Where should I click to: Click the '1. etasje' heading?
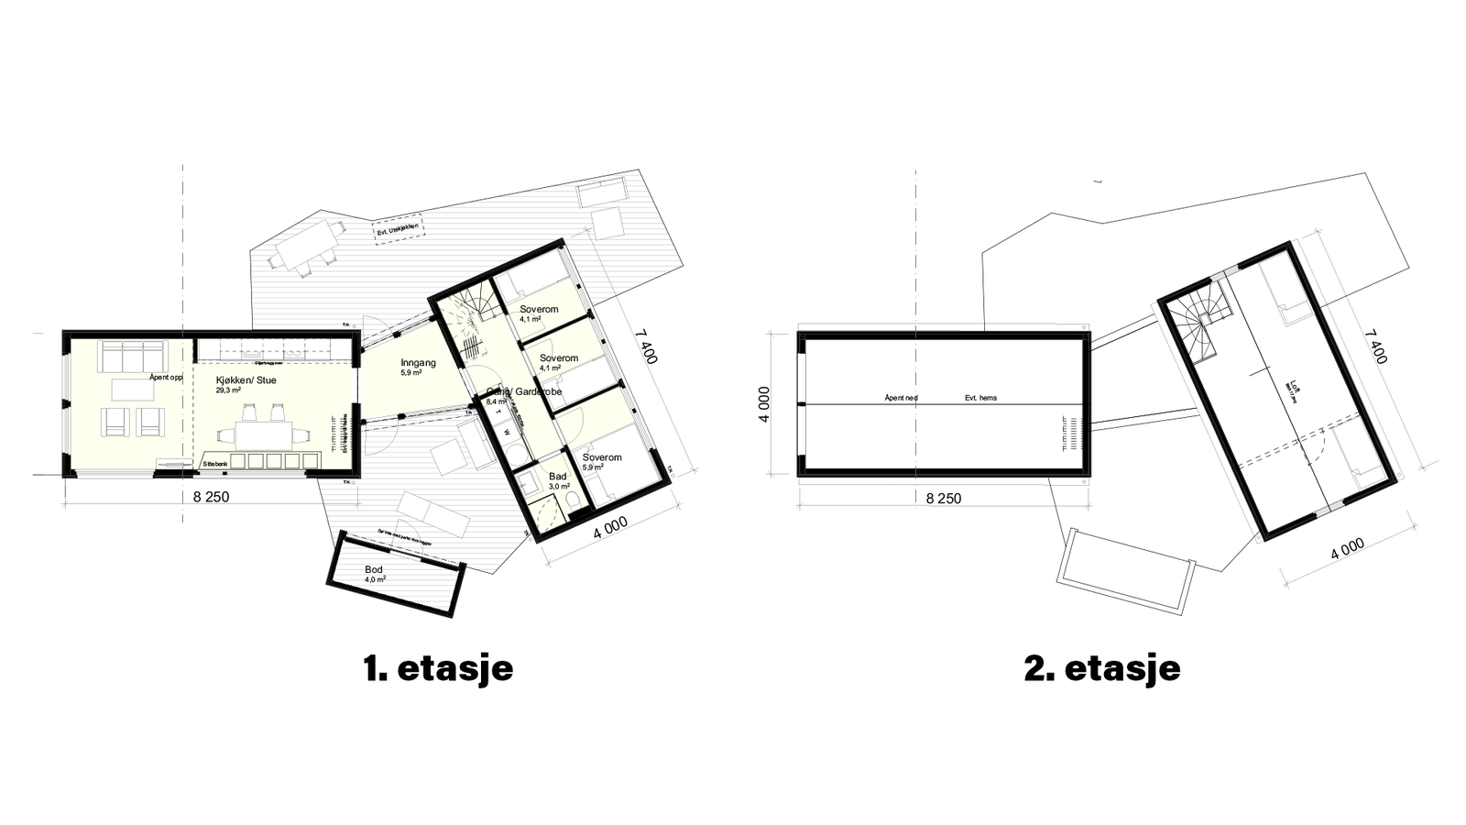tap(438, 668)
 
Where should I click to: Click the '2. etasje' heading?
tap(1102, 668)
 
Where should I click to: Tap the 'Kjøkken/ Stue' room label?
tap(246, 379)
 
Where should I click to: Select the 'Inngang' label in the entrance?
tap(418, 363)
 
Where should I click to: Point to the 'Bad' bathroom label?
tap(558, 477)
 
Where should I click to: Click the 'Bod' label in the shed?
tap(374, 570)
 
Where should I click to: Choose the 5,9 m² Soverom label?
tap(602, 457)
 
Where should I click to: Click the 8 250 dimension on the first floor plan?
tap(211, 497)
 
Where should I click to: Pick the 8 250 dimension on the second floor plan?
tap(944, 499)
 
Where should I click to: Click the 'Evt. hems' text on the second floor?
tap(980, 398)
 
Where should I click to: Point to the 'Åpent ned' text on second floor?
tap(901, 398)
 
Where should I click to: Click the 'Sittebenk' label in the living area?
tap(215, 466)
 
